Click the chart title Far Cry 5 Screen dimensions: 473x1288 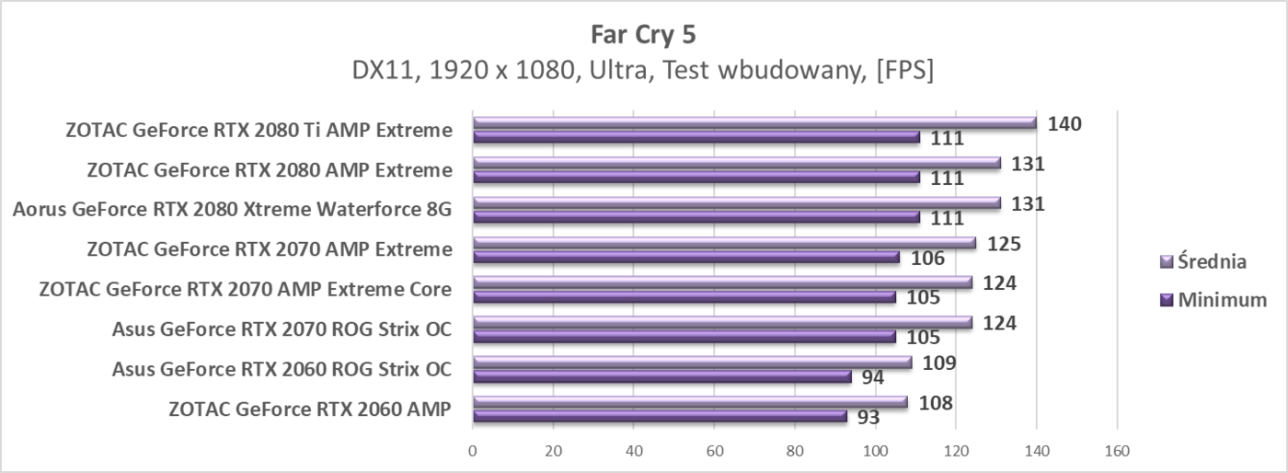pos(643,35)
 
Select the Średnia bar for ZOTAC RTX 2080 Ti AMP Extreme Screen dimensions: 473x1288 pos(754,122)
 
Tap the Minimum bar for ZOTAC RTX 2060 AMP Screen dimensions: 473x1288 pos(660,416)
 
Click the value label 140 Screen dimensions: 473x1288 pos(1064,123)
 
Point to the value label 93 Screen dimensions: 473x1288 pos(867,417)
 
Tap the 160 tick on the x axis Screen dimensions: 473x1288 pos(1117,452)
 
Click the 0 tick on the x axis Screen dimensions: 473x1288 pos(473,452)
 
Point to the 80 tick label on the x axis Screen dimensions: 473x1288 pos(795,452)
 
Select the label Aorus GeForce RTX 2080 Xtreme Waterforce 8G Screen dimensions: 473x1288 pos(232,210)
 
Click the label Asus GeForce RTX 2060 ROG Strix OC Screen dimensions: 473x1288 pos(282,369)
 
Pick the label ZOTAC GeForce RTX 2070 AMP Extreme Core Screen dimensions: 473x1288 pos(246,289)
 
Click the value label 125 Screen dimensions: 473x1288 pos(1003,243)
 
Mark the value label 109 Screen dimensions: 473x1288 pos(938,363)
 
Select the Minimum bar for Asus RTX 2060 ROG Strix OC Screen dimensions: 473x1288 pos(661,376)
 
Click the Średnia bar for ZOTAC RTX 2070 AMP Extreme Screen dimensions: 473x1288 pos(724,242)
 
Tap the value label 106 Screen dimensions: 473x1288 pos(926,258)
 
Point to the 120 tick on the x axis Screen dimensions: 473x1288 pos(956,452)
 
